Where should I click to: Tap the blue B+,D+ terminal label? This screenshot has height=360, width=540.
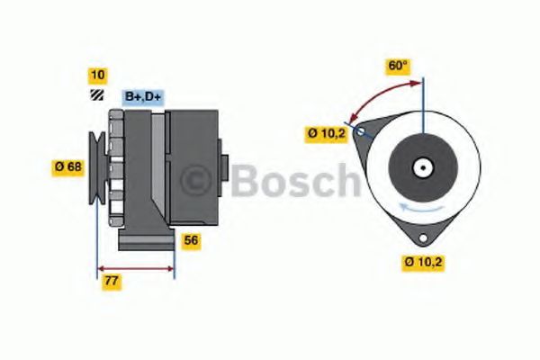142,95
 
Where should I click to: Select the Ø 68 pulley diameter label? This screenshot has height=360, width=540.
68,166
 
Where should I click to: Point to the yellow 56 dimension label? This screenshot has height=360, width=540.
191,240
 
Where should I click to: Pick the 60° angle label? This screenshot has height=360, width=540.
399,66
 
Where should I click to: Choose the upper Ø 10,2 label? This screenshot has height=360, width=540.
325,134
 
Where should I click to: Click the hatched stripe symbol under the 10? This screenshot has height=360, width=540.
95,94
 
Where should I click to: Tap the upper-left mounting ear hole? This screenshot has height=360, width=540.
362,133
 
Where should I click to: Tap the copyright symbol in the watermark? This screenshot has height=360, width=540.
201,183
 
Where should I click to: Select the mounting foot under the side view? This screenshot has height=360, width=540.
146,240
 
